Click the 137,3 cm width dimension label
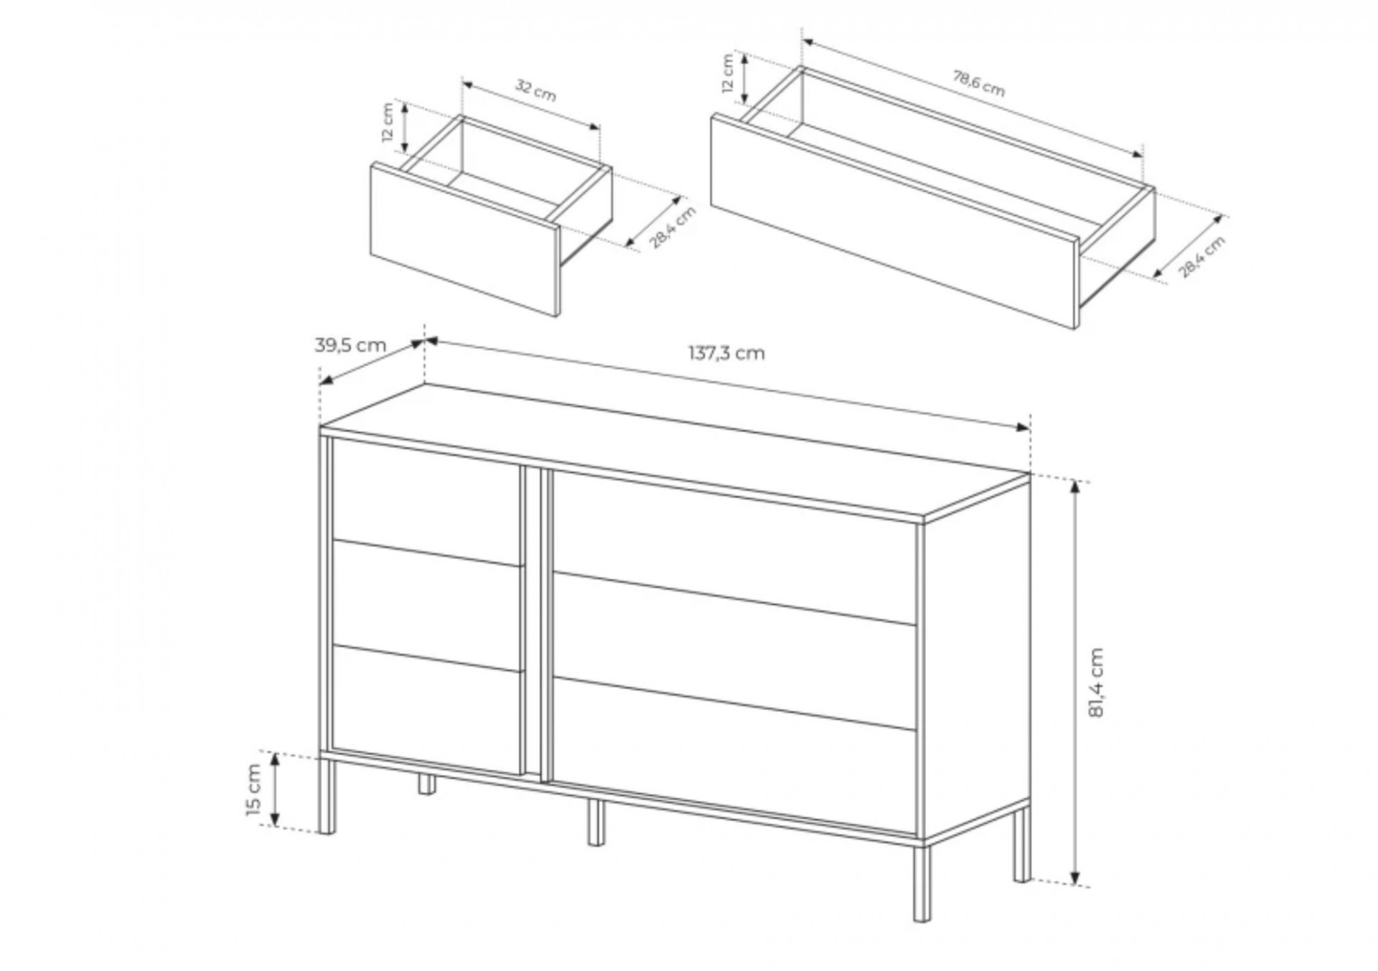[x=726, y=353]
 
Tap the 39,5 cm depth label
[x=350, y=345]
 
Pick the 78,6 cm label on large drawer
[x=978, y=83]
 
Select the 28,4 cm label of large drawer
[x=1202, y=256]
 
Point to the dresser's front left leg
[x=327, y=794]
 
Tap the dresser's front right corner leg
[x=922, y=882]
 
